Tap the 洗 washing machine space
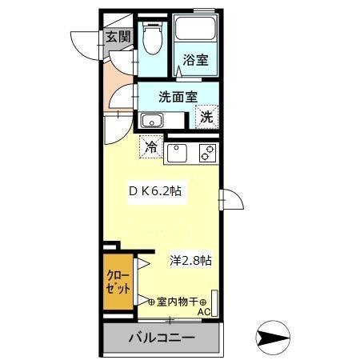(206, 117)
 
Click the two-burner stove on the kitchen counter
(208, 152)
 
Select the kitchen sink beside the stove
(178, 152)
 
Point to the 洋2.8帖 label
(190, 261)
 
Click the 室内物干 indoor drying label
(177, 301)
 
